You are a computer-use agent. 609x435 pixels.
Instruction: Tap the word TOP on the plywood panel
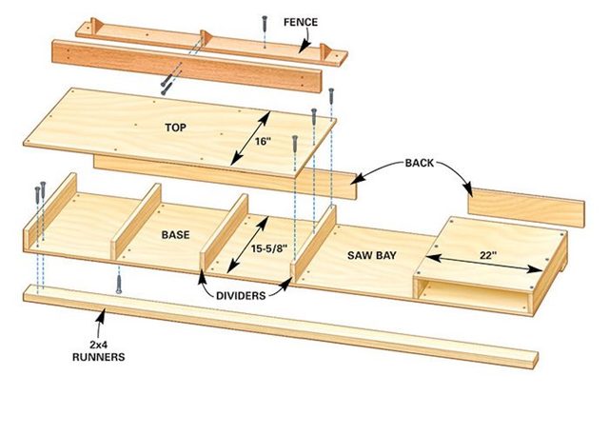tap(176, 125)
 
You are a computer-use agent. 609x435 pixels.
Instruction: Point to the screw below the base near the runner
tap(118, 283)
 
